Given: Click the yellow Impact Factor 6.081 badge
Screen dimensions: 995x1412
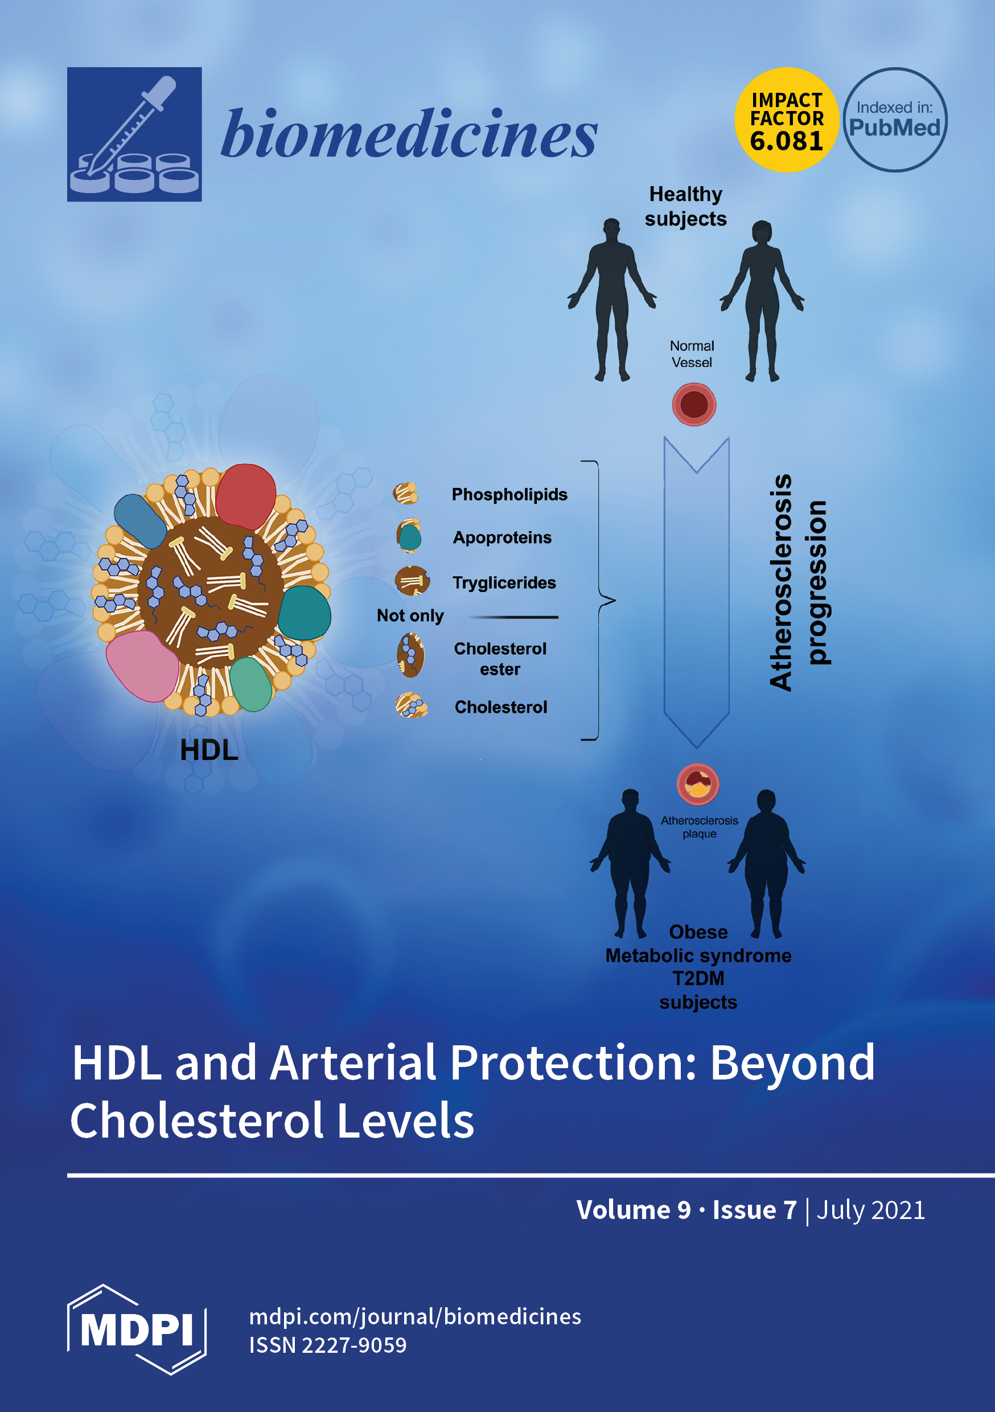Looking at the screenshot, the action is pyautogui.click(x=786, y=120).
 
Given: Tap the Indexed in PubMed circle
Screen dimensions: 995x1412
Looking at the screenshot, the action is pyautogui.click(x=894, y=120).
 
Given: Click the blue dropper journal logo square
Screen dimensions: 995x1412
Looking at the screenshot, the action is pyautogui.click(x=134, y=134).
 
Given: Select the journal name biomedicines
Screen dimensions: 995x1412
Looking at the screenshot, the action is pyautogui.click(x=409, y=133).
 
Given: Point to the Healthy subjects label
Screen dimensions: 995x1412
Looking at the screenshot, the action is pyautogui.click(x=685, y=207).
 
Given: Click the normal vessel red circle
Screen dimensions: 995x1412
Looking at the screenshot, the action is pyautogui.click(x=694, y=405).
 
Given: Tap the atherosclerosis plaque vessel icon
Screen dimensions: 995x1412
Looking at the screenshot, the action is pyautogui.click(x=697, y=784).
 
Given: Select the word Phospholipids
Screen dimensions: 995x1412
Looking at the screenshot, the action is pyautogui.click(x=509, y=494).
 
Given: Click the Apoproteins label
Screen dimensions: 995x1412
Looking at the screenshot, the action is pyautogui.click(x=502, y=537).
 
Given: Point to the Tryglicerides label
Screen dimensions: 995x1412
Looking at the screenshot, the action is pyautogui.click(x=504, y=582).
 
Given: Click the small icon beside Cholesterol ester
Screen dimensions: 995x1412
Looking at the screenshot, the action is pyautogui.click(x=410, y=655).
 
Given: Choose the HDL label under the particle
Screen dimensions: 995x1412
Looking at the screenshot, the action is pyautogui.click(x=209, y=750).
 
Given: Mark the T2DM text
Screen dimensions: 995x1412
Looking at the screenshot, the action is pyautogui.click(x=698, y=978).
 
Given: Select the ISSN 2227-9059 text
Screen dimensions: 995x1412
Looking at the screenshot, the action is pyautogui.click(x=328, y=1345).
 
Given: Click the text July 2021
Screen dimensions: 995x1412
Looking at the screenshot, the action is pyautogui.click(x=870, y=1210).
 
